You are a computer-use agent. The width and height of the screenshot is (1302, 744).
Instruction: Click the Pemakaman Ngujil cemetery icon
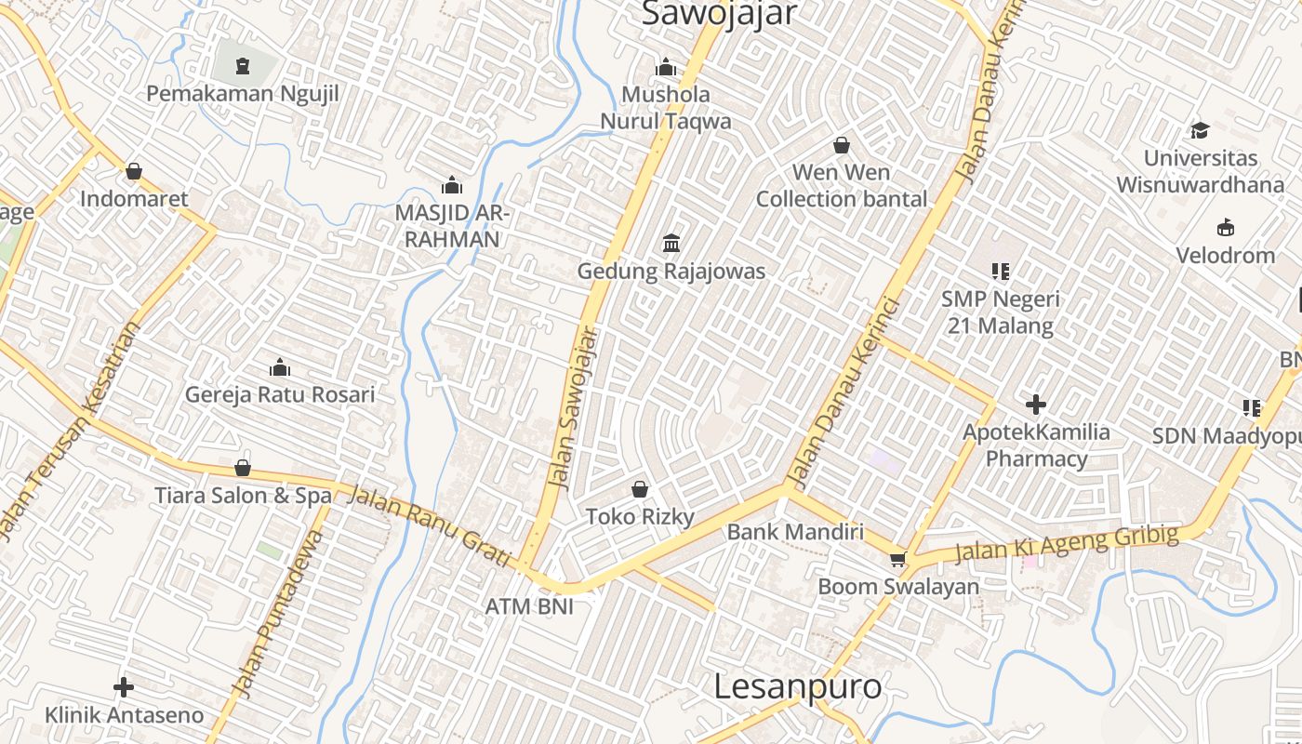pos(243,65)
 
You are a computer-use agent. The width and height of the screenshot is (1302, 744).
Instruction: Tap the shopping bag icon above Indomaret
pos(134,171)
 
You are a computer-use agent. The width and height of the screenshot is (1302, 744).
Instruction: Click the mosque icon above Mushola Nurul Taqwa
pos(665,67)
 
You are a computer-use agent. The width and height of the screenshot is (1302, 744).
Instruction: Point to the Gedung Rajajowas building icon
pos(671,244)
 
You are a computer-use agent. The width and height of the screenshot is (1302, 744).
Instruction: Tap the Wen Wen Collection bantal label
pos(841,186)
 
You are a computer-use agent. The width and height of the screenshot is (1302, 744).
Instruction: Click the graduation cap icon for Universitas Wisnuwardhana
pos(1200,130)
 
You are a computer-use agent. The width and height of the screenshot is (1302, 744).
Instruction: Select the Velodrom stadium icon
pos(1225,228)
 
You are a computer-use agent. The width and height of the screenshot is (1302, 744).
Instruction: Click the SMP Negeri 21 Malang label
pos(1001,312)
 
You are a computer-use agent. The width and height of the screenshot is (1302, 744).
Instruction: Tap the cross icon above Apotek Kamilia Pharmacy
pos(1036,405)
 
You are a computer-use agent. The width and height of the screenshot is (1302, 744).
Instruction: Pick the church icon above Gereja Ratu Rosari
pos(280,367)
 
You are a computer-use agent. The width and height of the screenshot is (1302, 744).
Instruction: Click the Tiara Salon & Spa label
pos(243,496)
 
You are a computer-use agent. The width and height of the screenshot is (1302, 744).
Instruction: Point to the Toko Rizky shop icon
pos(640,489)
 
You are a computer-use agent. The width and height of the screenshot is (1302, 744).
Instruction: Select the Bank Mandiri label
pos(795,532)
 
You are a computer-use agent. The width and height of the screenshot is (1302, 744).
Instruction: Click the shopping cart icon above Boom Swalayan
pos(897,559)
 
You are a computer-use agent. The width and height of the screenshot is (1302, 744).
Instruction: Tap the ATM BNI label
pos(529,606)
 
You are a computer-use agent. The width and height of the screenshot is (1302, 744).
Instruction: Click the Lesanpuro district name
pos(798,686)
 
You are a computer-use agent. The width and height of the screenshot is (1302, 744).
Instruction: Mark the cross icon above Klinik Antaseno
pos(124,687)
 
